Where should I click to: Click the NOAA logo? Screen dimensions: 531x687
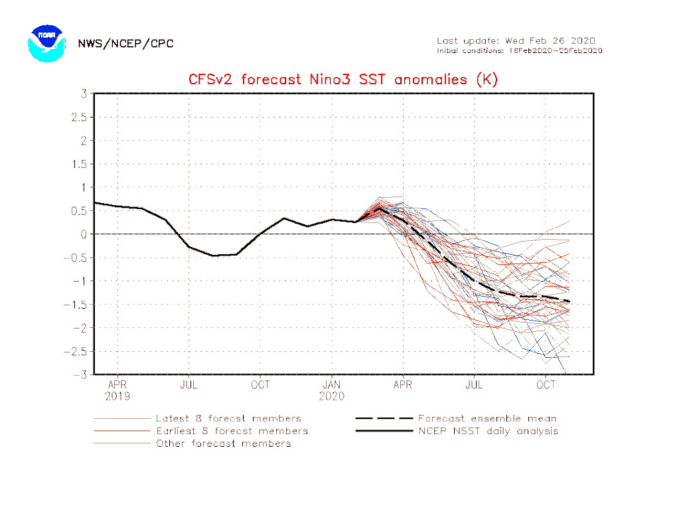pyautogui.click(x=46, y=44)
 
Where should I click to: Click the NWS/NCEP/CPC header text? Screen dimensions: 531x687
pyautogui.click(x=125, y=44)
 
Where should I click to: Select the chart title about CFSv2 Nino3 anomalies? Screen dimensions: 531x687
pyautogui.click(x=343, y=80)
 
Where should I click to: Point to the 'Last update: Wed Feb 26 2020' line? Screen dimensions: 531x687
pyautogui.click(x=516, y=41)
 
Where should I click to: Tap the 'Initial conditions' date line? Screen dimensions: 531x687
pyautogui.click(x=519, y=50)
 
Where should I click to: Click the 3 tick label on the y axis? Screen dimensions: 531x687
pyautogui.click(x=84, y=94)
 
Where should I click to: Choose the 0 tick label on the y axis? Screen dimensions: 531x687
pyautogui.click(x=84, y=234)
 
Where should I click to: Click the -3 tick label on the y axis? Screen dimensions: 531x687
pyautogui.click(x=81, y=375)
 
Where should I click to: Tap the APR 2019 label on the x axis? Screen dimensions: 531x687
pyautogui.click(x=117, y=390)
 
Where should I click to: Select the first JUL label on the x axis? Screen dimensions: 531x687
pyautogui.click(x=189, y=384)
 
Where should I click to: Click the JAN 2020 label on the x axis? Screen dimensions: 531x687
pyautogui.click(x=332, y=390)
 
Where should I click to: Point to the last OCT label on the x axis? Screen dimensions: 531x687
pyautogui.click(x=546, y=384)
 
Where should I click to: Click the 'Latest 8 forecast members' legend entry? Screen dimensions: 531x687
pyautogui.click(x=228, y=419)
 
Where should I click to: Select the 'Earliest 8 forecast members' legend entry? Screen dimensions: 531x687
pyautogui.click(x=232, y=431)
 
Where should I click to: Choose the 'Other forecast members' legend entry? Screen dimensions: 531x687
pyautogui.click(x=223, y=443)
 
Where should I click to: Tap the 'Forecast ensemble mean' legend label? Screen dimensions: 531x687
pyautogui.click(x=487, y=419)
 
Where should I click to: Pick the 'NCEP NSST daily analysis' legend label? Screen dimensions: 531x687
pyautogui.click(x=488, y=431)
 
